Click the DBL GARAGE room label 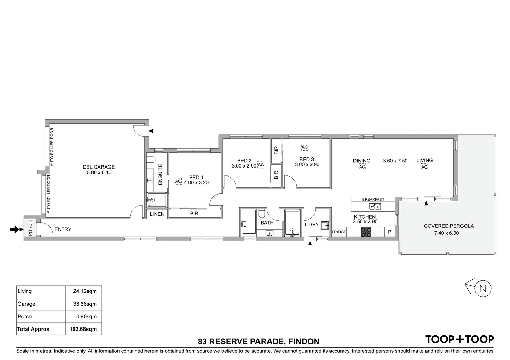coord(99,167)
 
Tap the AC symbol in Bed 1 coord(178,181)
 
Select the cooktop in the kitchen coord(366,232)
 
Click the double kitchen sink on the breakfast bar coord(375,207)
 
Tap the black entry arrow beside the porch coord(15,229)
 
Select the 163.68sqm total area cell coord(83,329)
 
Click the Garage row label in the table coord(26,304)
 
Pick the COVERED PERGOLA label coord(449,226)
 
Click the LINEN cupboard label coord(157,214)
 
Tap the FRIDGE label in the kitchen coord(339,232)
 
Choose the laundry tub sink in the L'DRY coord(325,226)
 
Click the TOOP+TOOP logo coord(459,339)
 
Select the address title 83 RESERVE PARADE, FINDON coord(258,342)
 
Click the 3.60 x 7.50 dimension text coord(395,161)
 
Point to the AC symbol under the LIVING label coord(424,167)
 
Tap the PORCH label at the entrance coord(30,228)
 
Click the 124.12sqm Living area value coord(83,291)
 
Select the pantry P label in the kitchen coord(389,232)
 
